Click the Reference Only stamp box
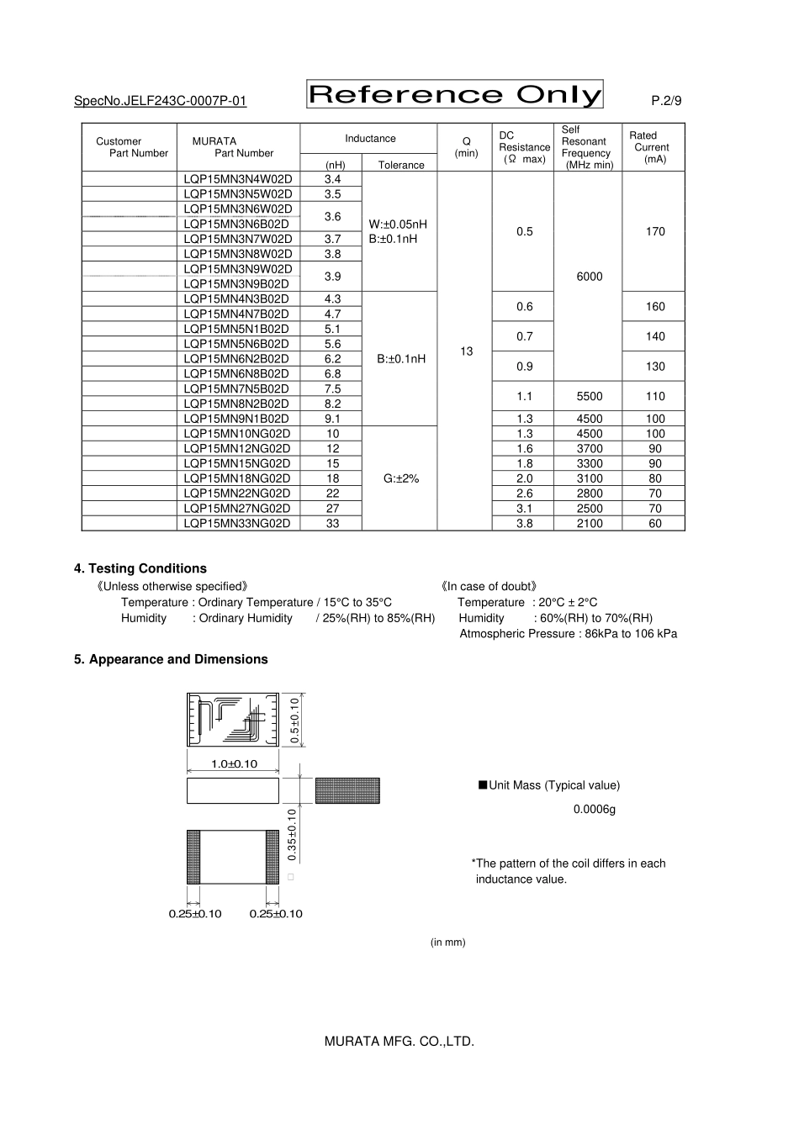click(x=455, y=95)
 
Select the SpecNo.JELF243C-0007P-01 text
click(x=160, y=101)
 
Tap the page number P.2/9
click(x=666, y=101)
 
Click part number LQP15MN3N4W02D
click(x=238, y=179)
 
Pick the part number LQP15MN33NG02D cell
click(x=238, y=523)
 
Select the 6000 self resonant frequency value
click(x=589, y=277)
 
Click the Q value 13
click(x=467, y=351)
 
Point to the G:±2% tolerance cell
click(x=400, y=478)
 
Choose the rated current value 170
click(x=655, y=231)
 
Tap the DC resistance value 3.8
click(x=524, y=523)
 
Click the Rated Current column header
click(x=648, y=147)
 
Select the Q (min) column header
click(x=466, y=147)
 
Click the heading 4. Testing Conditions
click(x=140, y=568)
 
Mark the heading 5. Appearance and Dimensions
click(x=171, y=659)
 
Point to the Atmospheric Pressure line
click(x=568, y=634)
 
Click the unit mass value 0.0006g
click(x=595, y=810)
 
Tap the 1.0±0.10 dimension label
click(x=234, y=764)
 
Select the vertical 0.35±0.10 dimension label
click(x=292, y=834)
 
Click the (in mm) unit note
click(x=447, y=943)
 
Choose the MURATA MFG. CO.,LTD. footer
click(x=399, y=1042)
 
